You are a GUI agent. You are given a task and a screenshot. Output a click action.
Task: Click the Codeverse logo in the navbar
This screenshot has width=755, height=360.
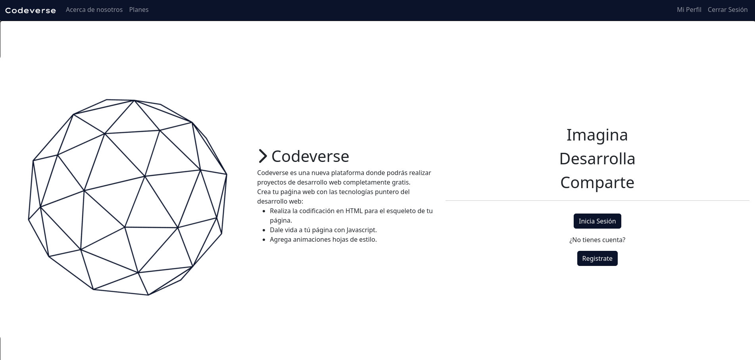(x=31, y=10)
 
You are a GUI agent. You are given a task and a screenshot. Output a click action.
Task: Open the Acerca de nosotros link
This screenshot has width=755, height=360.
(x=94, y=10)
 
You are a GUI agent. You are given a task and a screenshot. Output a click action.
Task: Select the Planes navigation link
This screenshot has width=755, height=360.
(x=139, y=10)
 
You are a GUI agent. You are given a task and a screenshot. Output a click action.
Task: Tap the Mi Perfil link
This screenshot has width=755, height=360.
(x=689, y=10)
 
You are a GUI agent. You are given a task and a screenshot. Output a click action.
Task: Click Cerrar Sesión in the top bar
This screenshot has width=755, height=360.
(x=728, y=10)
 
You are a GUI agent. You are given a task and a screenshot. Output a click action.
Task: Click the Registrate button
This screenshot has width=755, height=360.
(x=597, y=258)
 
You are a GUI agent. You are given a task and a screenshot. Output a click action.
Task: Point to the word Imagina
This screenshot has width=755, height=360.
(x=597, y=135)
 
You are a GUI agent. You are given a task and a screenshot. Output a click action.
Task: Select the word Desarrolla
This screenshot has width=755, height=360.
(x=597, y=159)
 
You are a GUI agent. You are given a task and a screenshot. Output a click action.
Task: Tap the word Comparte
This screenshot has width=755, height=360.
(x=597, y=183)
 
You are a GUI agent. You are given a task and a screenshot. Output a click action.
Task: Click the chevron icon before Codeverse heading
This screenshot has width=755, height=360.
(x=263, y=156)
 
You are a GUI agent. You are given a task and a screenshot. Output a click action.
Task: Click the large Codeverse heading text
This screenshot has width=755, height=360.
(x=310, y=156)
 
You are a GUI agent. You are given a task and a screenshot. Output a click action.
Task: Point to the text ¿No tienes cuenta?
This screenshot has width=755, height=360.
(x=597, y=240)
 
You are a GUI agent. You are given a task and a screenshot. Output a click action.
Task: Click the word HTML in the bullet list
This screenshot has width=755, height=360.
(x=354, y=211)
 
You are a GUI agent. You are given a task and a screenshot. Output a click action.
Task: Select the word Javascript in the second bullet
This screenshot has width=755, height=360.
(x=361, y=230)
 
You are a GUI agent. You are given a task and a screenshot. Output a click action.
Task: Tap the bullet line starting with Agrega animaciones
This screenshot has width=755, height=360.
(x=323, y=239)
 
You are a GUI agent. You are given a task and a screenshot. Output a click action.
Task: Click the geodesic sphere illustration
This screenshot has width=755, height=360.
(x=128, y=197)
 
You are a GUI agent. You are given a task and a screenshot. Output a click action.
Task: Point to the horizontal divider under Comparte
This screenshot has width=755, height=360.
(x=597, y=201)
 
